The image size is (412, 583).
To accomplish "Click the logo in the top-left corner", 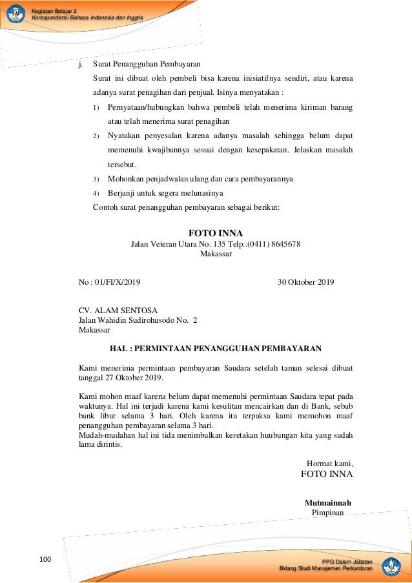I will pos(15,14).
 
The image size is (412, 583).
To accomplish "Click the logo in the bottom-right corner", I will pos(391,566).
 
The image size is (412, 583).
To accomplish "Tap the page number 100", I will pos(45,558).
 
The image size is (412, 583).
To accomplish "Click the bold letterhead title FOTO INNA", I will pos(216,233).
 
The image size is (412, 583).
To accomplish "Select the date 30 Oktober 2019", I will pos(306,282).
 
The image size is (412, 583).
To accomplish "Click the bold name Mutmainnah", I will pos(327,502).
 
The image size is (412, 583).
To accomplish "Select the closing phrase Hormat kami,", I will pos(329,462).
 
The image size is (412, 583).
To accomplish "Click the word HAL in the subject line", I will pos(119,349).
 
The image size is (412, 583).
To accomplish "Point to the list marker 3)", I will pos(95,179).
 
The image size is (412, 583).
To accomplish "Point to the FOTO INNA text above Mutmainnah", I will pos(327,475).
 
